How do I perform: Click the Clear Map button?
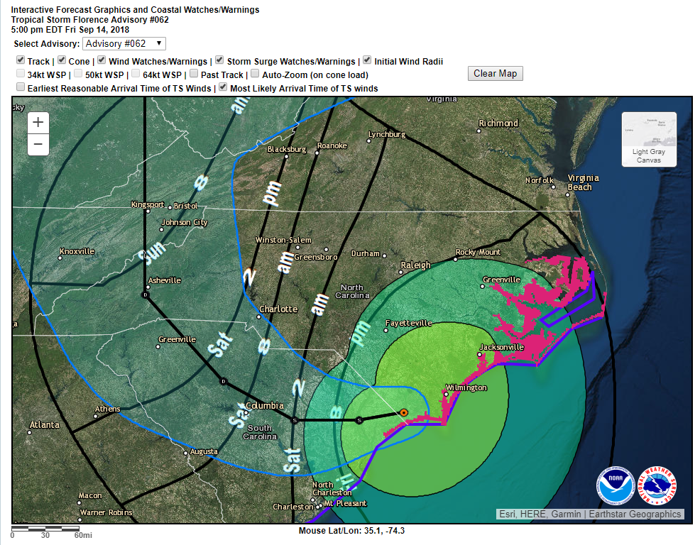point(495,73)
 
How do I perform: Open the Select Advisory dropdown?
point(124,44)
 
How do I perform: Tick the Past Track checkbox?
point(194,74)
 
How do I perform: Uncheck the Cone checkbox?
point(62,61)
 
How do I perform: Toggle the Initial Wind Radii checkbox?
point(367,61)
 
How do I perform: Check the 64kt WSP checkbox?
point(136,74)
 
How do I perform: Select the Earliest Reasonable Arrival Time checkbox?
point(21,87)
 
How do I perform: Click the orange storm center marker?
point(403,412)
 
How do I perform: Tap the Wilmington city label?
point(466,387)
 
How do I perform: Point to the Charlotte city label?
point(278,309)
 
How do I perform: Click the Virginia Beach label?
point(583,182)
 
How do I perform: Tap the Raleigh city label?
point(415,265)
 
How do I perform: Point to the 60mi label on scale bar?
point(83,535)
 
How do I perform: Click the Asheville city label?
point(165,280)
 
